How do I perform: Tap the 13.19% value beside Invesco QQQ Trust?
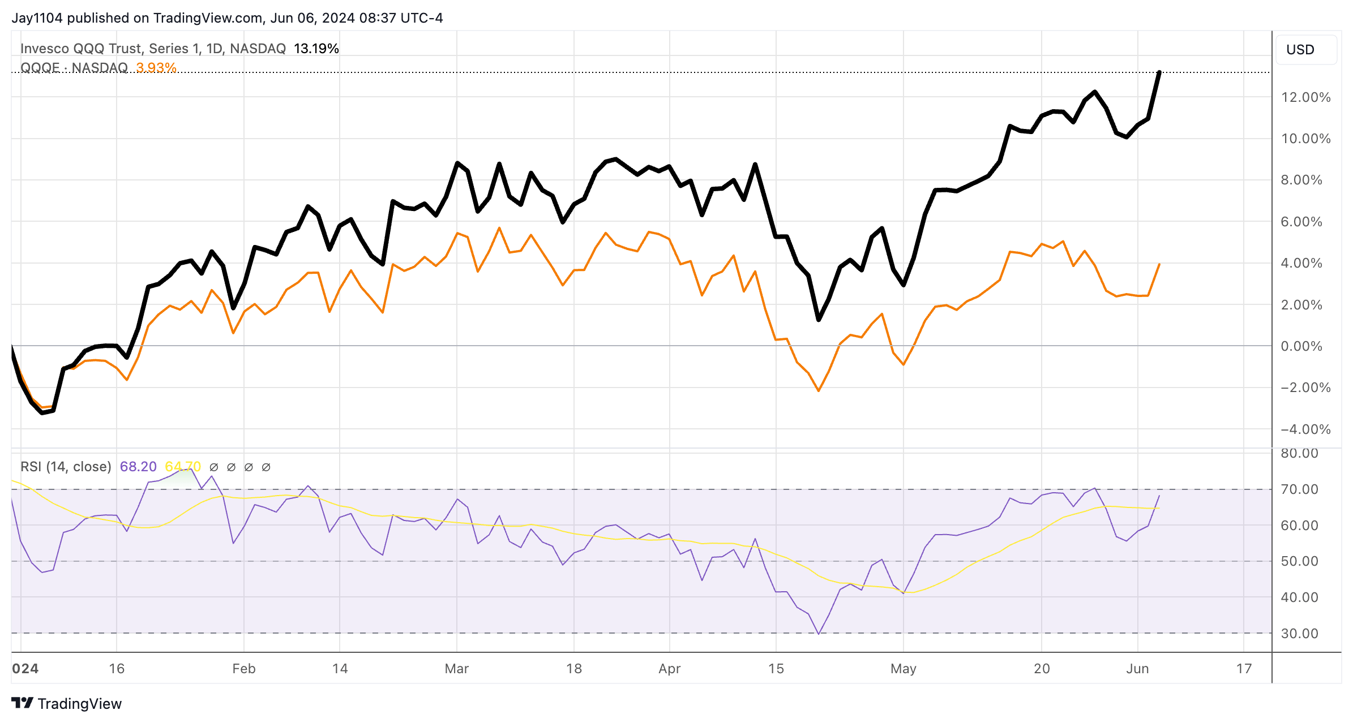316,49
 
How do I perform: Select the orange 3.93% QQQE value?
156,68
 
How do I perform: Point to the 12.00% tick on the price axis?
1305,97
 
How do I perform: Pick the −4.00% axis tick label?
1305,429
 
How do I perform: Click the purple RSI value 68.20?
138,467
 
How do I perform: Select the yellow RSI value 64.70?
182,467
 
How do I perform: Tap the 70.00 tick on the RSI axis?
1299,489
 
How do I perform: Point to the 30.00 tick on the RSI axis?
1299,634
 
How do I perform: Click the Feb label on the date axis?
244,669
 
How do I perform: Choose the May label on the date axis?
903,669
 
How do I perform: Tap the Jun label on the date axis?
1137,669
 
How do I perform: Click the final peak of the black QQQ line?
1159,72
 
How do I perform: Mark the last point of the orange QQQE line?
1159,264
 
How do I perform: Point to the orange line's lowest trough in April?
819,390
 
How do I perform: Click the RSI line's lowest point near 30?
819,634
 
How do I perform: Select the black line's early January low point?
42,413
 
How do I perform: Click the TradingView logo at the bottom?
67,703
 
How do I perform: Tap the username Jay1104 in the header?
37,18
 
